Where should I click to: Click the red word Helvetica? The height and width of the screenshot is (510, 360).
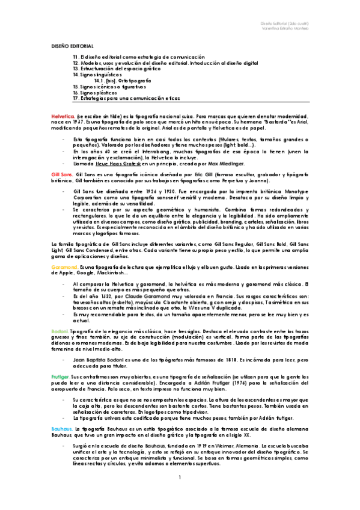pos(62,115)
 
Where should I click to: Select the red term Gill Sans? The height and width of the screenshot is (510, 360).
pos(61,173)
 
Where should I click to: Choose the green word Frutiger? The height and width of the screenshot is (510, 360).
pos(61,375)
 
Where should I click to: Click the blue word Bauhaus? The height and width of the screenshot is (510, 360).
pos(62,428)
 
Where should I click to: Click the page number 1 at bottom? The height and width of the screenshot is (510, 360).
pos(180,494)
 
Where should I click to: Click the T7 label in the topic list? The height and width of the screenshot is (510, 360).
pos(76,97)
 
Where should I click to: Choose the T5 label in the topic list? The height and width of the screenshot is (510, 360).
pos(76,87)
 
